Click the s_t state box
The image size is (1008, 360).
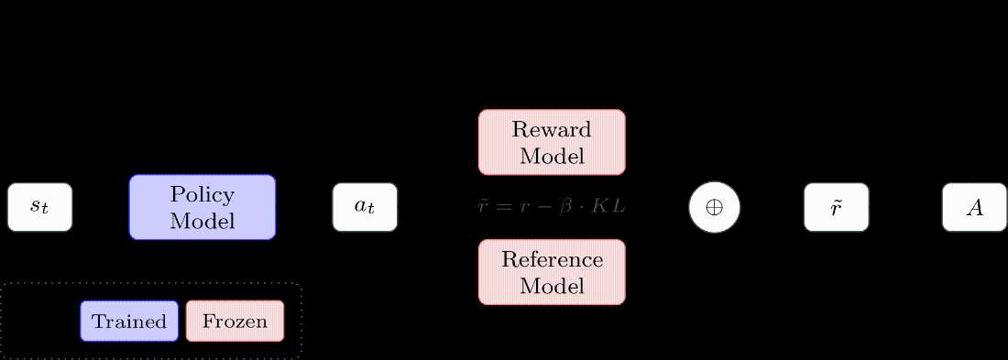[39, 207]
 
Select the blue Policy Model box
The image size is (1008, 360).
[202, 207]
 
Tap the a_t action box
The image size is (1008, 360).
[365, 207]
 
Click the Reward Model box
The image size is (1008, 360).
[552, 142]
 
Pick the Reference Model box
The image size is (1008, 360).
[552, 272]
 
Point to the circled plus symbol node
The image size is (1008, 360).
[714, 207]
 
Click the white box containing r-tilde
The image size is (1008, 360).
[836, 207]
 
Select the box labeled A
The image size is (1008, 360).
[974, 207]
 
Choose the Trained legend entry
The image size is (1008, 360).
[129, 322]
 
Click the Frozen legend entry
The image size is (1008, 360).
[235, 322]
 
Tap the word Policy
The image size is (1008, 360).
[202, 195]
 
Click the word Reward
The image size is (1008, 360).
[552, 129]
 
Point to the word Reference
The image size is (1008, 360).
[552, 259]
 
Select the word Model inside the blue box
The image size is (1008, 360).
[202, 221]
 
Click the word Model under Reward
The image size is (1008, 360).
[552, 156]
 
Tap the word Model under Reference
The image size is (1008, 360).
[552, 286]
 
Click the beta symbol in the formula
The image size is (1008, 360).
[565, 207]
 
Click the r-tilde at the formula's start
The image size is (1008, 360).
[484, 207]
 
